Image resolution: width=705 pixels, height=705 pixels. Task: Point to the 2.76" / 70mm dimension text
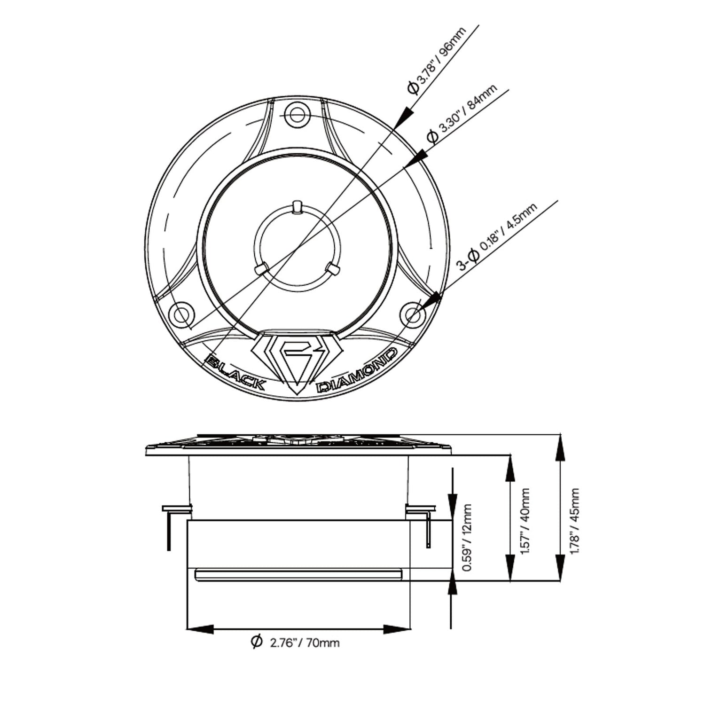click(x=305, y=642)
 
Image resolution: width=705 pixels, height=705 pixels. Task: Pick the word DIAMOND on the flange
click(x=359, y=372)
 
